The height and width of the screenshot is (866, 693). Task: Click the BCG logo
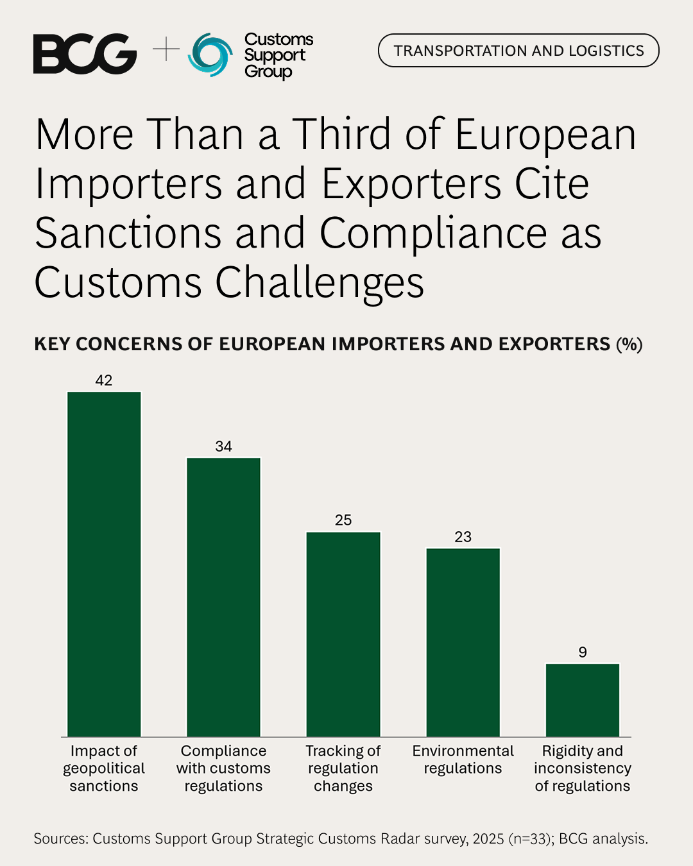tap(85, 54)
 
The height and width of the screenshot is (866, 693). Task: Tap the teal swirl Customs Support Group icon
tap(210, 55)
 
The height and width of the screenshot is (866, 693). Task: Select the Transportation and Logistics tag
tap(518, 51)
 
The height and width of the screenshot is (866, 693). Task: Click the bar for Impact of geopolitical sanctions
tap(104, 565)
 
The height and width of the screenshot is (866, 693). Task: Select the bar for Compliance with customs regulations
tap(223, 597)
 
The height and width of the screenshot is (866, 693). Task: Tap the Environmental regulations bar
tap(463, 641)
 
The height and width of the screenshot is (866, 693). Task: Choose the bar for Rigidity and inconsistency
tap(583, 700)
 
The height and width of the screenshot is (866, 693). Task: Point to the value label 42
tap(104, 380)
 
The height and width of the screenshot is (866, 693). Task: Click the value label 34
tap(223, 446)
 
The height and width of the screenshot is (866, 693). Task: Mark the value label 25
tap(343, 520)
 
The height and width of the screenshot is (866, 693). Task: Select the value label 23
tap(463, 537)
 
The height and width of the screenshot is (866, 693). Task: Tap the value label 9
tap(583, 652)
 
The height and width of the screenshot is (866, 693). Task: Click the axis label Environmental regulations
tap(463, 760)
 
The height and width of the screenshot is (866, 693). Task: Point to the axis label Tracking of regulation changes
tap(343, 768)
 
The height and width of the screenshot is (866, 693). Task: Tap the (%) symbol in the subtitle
tap(629, 344)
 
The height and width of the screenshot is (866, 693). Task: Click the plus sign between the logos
tap(166, 49)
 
